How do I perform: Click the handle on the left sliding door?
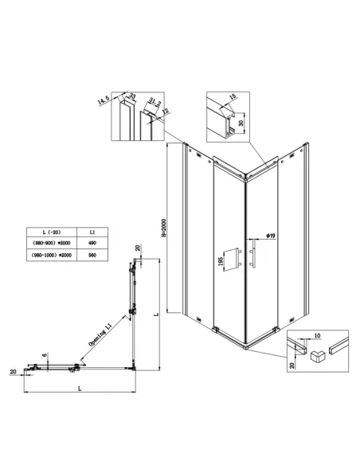238,260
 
